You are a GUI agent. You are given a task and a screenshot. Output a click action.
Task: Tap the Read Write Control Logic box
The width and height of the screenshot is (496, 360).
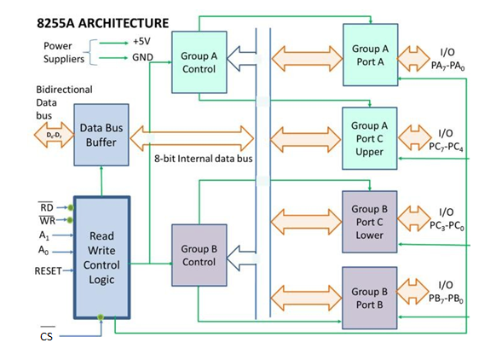click(101, 256)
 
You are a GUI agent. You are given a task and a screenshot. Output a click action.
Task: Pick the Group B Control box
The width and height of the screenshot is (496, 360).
click(199, 255)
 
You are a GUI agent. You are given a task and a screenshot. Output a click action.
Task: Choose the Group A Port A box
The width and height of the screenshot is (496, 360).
click(370, 55)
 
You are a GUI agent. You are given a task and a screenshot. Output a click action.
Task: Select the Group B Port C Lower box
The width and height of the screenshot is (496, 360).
click(370, 222)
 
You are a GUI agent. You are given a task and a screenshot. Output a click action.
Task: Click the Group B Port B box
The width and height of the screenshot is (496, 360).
click(370, 298)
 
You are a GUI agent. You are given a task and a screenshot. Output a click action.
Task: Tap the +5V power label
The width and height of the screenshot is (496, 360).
click(141, 41)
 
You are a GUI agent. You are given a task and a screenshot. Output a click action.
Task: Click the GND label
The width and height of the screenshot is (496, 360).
click(141, 58)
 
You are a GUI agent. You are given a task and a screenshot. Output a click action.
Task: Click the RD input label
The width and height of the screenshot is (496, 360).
click(48, 206)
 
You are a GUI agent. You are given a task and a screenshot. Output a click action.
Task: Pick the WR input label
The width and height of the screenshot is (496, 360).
click(48, 221)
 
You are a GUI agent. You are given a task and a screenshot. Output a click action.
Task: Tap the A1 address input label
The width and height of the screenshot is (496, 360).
click(43, 236)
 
